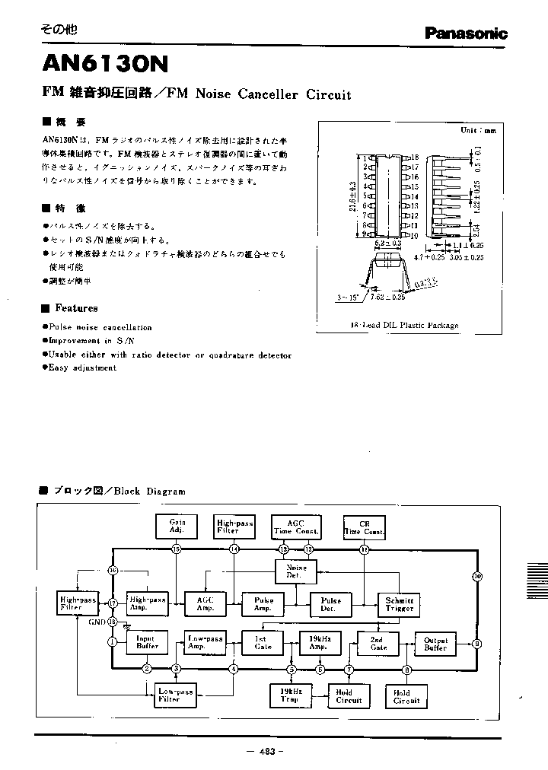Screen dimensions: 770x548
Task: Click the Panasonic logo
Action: pos(466,33)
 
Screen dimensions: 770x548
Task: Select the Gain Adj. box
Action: pos(177,527)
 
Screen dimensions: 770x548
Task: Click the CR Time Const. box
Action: pos(364,527)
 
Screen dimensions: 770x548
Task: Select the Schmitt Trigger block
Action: pos(400,605)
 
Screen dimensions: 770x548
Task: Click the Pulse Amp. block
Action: pos(263,605)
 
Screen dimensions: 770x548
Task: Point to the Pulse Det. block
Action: pos(331,605)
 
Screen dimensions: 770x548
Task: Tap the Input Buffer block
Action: pos(147,643)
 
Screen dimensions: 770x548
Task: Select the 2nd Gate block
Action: pos(378,643)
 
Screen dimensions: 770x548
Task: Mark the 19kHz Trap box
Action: pos(291,695)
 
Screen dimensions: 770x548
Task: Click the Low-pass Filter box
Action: pos(176,695)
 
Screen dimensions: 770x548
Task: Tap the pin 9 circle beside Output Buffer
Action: pos(477,643)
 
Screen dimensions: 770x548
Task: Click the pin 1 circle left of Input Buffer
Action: pos(113,642)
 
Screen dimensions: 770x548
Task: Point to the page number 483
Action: pos(266,752)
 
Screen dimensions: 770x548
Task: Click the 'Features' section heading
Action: pos(75,308)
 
